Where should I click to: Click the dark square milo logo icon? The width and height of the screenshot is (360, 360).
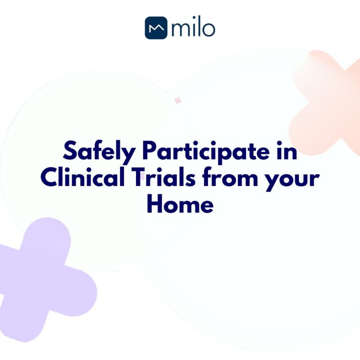click(156, 28)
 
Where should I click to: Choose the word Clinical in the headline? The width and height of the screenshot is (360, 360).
click(82, 178)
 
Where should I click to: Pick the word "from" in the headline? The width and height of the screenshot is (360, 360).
click(232, 179)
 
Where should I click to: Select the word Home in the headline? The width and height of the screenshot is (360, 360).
click(180, 204)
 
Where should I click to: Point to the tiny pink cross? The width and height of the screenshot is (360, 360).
click(178, 100)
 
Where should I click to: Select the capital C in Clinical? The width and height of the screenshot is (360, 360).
click(49, 178)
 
